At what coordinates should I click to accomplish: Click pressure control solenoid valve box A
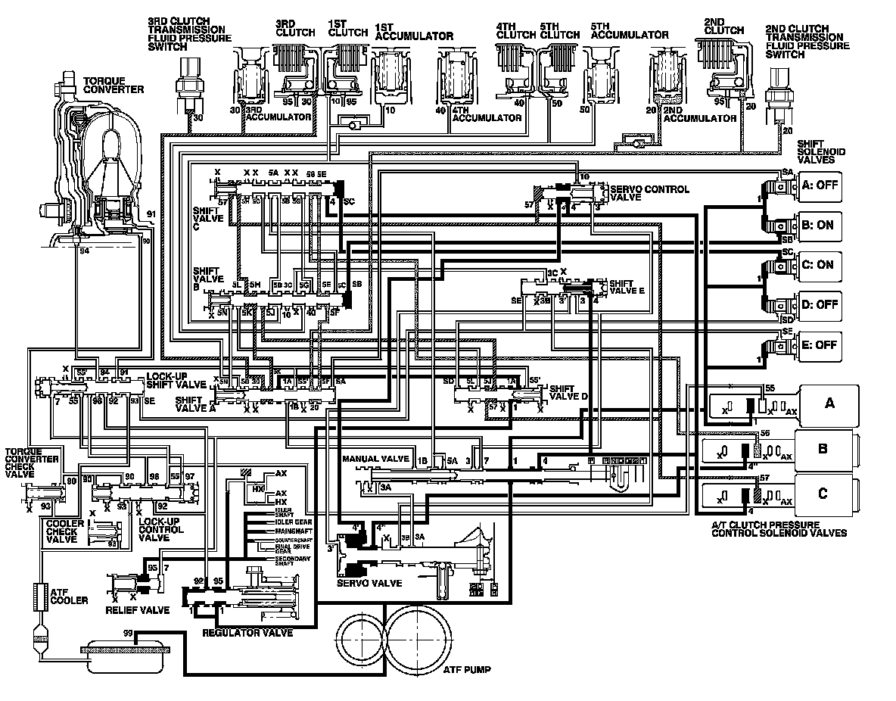point(829,403)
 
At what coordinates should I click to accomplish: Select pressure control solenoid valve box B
point(823,448)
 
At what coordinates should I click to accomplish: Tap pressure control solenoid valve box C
point(823,494)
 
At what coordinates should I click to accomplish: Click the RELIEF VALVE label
point(138,609)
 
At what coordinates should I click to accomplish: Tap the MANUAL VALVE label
point(376,459)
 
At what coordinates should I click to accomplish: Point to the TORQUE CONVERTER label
point(114,85)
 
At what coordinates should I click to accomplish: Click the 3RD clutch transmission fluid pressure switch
point(185,84)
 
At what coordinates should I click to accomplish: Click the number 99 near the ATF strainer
point(128,633)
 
